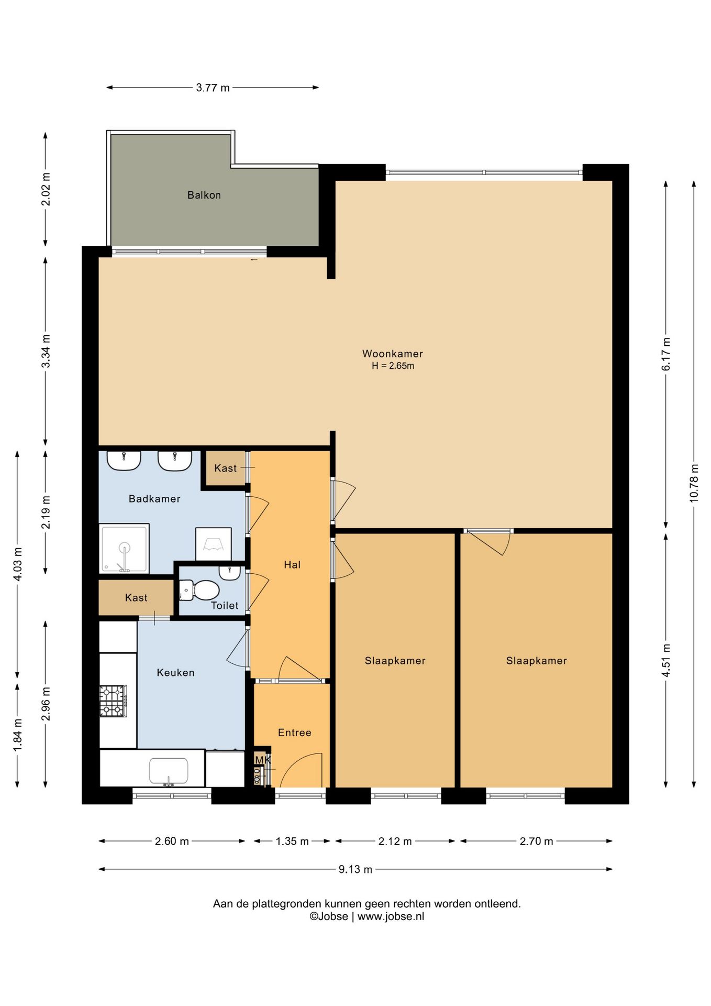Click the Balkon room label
(204, 195)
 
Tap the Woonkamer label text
(393, 354)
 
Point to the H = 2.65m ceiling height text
(393, 366)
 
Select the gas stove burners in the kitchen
(113, 701)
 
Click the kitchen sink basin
(169, 771)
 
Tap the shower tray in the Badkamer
(124, 548)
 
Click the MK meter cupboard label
(263, 760)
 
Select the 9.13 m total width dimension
(355, 869)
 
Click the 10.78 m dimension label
(694, 483)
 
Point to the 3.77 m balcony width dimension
(213, 88)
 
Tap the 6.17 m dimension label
(666, 354)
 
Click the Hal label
(292, 564)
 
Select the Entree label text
(295, 732)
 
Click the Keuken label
(175, 672)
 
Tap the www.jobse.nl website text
(391, 916)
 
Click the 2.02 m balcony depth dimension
(46, 189)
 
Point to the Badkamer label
(154, 499)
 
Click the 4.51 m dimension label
(666, 660)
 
